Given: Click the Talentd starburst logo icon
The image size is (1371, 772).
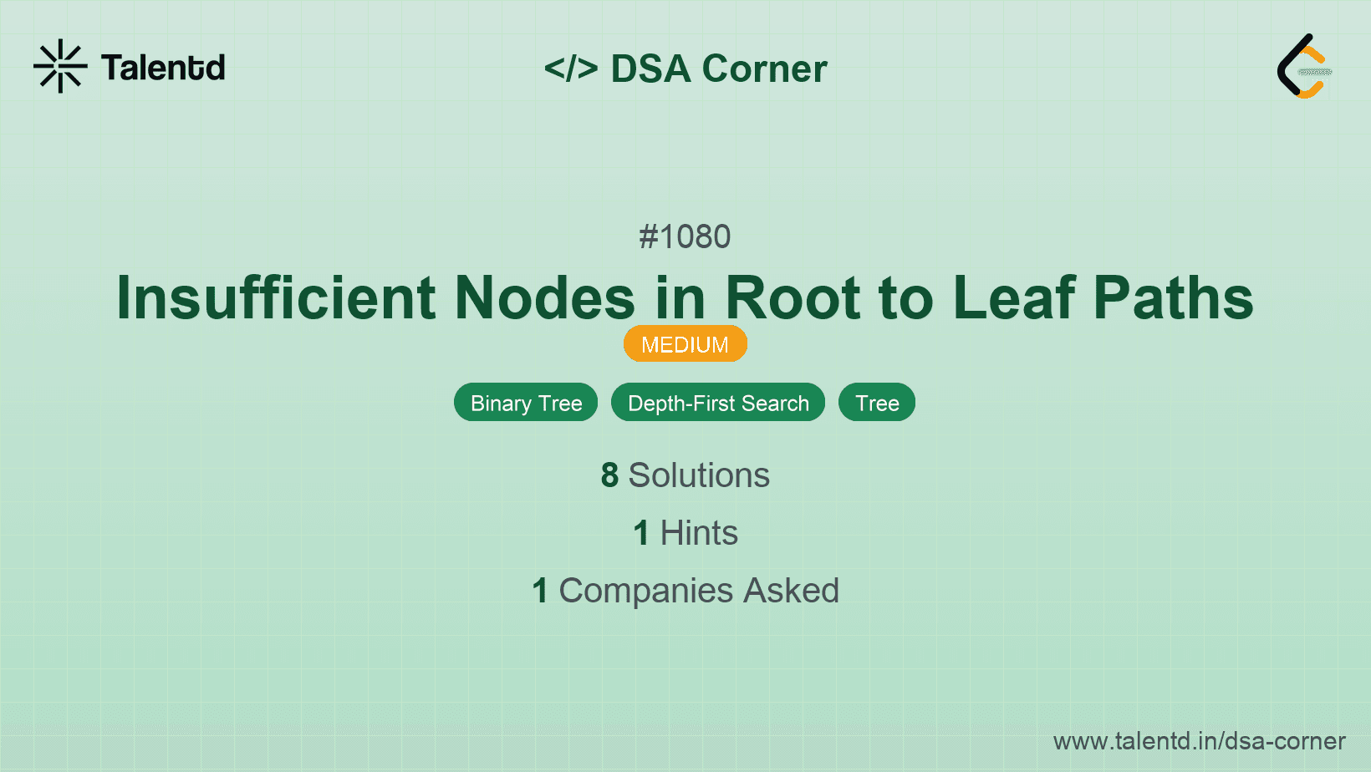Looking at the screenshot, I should [x=60, y=66].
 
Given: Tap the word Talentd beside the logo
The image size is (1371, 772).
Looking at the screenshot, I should [x=163, y=68].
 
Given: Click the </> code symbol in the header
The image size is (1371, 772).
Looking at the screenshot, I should [x=571, y=69].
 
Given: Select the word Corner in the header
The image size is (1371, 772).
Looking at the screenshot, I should [x=764, y=69].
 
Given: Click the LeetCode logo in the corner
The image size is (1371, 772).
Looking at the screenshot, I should [x=1304, y=67].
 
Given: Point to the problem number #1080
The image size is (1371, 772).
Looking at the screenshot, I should [x=685, y=237].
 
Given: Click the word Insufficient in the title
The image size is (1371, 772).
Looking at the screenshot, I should [x=276, y=297].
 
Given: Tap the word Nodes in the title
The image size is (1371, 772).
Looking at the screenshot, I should [x=544, y=297].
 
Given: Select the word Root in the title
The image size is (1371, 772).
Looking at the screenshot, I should [x=793, y=297].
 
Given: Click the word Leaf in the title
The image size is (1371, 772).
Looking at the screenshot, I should [x=1013, y=297].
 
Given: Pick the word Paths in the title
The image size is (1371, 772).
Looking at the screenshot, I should [x=1173, y=297].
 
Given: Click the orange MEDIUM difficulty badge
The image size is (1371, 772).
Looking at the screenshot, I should [x=685, y=344].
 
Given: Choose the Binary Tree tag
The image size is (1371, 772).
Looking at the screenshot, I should [x=526, y=403].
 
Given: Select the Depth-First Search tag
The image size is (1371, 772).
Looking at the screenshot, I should [x=718, y=403].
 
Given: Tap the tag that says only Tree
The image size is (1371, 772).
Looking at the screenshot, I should [x=877, y=403].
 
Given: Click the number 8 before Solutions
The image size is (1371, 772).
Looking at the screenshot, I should [x=609, y=475].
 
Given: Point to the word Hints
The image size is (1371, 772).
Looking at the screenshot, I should [x=699, y=533].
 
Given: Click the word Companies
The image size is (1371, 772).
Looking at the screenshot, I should [x=645, y=591].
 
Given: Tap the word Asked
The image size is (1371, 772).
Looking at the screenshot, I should [x=791, y=591].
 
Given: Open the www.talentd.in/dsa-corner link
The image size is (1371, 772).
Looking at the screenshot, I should [x=1199, y=741].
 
